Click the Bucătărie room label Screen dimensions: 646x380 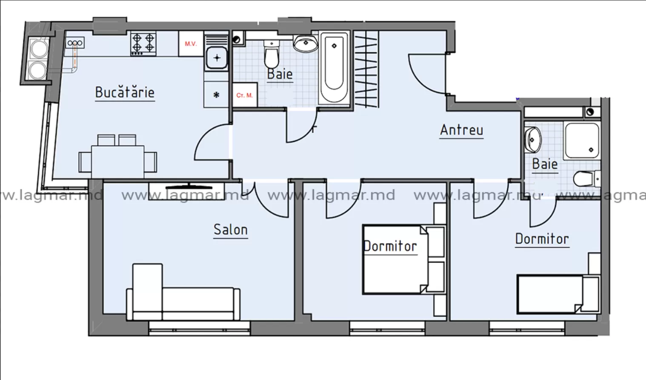tap(125, 92)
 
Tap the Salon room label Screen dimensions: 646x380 tap(230, 230)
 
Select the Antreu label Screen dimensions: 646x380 tap(461, 130)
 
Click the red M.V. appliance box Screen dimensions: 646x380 tap(191, 43)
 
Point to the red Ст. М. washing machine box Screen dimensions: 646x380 tap(245, 95)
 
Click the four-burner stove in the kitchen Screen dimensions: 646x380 tap(143, 43)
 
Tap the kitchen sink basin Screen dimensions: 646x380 tap(217, 58)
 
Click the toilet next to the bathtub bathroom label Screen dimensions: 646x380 tap(272, 54)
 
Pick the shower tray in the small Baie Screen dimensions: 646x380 tap(582, 141)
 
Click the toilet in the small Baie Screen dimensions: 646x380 tap(587, 179)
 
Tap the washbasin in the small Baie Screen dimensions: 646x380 tap(532, 139)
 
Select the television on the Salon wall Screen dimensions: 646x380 tap(189, 187)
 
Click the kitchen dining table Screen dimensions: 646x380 tap(117, 162)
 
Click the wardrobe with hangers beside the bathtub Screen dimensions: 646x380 tap(366, 69)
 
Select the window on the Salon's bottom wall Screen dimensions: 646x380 tap(199, 328)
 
